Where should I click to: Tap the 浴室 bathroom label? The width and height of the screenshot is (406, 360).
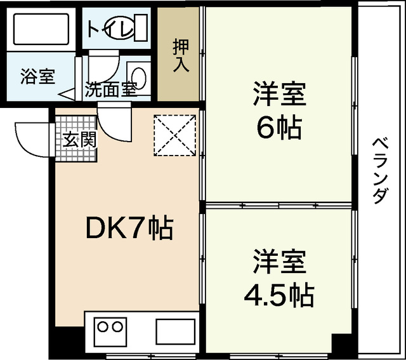[37, 77]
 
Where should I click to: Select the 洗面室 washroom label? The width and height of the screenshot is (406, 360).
[112, 90]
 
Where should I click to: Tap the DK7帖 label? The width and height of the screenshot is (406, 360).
[129, 229]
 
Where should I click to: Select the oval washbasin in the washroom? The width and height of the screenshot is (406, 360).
[140, 79]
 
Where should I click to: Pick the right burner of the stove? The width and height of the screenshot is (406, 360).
[117, 328]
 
